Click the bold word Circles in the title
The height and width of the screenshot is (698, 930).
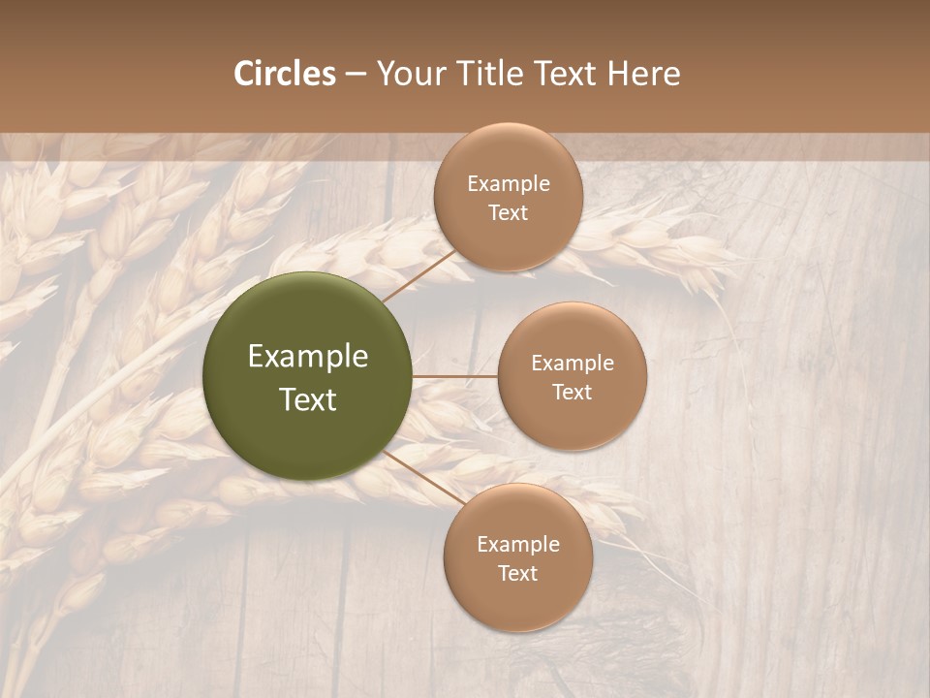coord(284,74)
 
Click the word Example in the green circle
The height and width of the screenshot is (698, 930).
coord(308,357)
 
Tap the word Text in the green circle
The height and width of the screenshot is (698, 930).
coord(308,399)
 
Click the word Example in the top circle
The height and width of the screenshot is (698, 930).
coord(509,184)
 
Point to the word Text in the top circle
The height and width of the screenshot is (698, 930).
coord(509,213)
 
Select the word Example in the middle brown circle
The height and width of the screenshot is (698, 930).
coord(573,364)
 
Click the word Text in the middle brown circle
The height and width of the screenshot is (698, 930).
coord(573,393)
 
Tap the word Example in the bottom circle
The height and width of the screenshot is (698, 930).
coord(518,545)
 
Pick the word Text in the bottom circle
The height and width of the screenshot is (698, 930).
coord(518,574)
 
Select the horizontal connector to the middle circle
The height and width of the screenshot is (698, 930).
coord(455,376)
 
